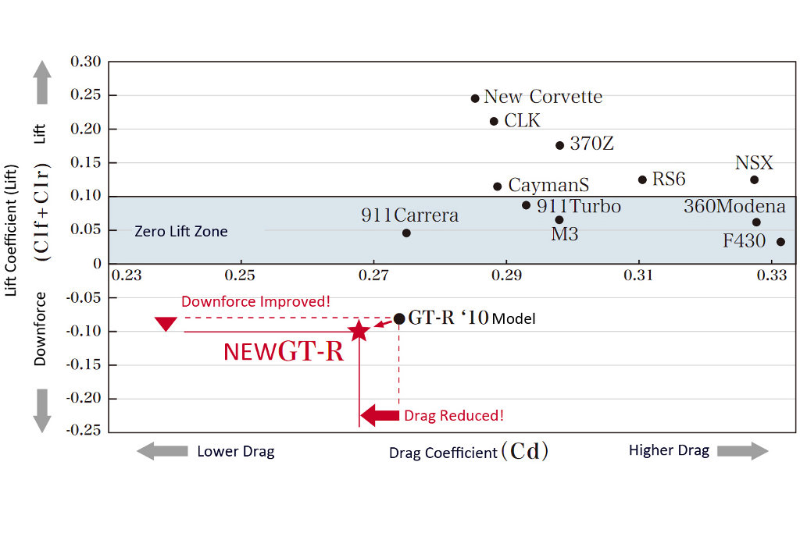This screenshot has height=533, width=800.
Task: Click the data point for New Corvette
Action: (x=475, y=98)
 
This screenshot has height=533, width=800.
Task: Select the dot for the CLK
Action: (x=494, y=121)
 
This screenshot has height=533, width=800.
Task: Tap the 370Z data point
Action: (x=559, y=145)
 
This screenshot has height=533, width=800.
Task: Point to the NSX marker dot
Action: (x=754, y=179)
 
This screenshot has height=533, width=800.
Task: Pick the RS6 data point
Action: (x=642, y=179)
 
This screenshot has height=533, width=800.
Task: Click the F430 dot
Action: (x=780, y=242)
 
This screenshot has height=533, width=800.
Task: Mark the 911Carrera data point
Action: (x=406, y=233)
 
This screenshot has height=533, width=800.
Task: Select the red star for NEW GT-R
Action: (x=359, y=331)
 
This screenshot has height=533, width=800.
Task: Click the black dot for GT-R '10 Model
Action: (x=399, y=318)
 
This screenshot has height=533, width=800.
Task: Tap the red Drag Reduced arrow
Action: (x=380, y=415)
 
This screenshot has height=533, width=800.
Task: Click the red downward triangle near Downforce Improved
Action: (x=165, y=323)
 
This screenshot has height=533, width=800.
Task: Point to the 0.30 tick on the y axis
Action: (x=86, y=62)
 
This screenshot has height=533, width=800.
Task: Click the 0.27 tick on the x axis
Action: (x=373, y=275)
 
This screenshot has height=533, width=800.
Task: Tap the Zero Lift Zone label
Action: (x=181, y=231)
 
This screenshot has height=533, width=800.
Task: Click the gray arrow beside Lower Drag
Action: (x=162, y=450)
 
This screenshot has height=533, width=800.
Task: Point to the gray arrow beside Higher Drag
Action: (x=743, y=450)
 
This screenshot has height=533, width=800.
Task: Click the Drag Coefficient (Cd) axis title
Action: (x=469, y=452)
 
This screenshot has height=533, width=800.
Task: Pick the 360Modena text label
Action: (x=734, y=207)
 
